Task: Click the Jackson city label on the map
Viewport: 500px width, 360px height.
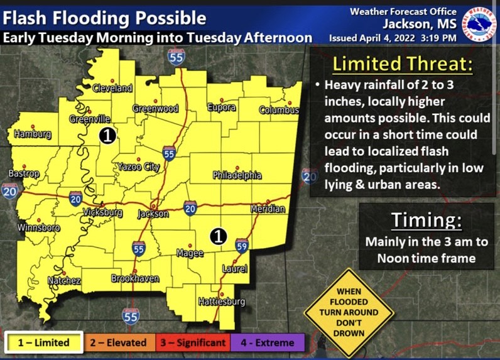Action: coord(153,214)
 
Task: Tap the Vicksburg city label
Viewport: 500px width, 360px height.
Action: coord(102,213)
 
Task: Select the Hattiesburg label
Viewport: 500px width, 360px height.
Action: coord(221,302)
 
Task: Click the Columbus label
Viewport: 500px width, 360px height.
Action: coord(280,111)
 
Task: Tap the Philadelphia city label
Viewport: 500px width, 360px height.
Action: coord(237,175)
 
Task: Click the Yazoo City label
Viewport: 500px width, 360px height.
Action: coord(138,166)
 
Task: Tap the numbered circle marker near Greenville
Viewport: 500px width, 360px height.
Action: coord(108,135)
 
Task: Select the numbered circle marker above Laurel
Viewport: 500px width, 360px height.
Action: coord(217,236)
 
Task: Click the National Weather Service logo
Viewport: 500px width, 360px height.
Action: coord(480,25)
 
